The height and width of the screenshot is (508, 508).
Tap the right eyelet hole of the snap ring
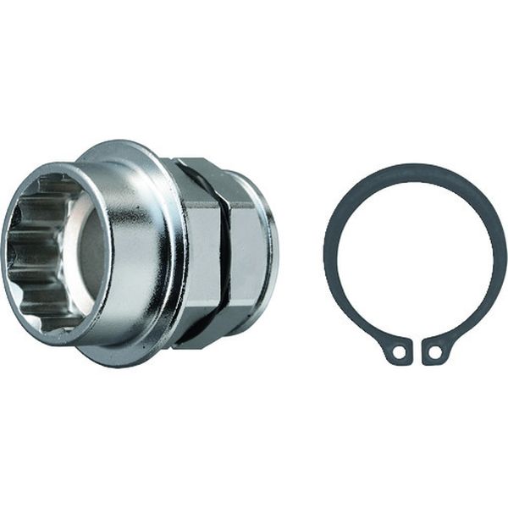pos(435,351)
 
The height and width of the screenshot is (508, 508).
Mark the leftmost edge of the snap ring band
pos(329,254)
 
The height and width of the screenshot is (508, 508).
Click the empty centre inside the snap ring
pos(415,254)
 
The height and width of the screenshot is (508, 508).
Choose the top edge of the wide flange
pos(127,146)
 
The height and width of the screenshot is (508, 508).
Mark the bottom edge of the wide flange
pos(135,362)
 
